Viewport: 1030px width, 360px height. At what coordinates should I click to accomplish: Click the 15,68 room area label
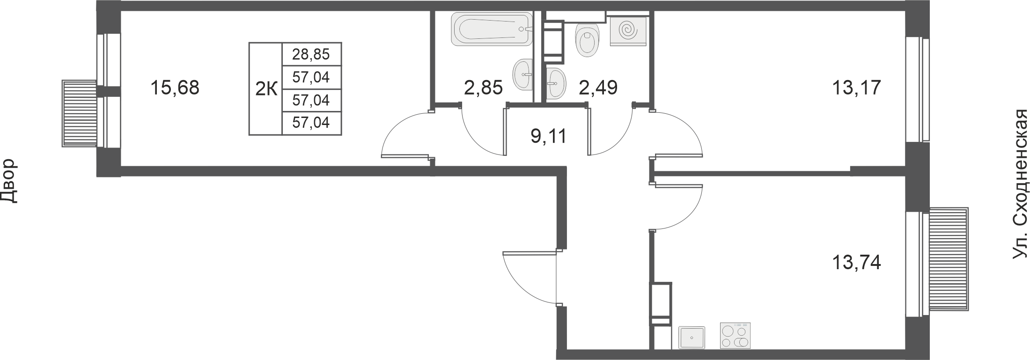(x=175, y=88)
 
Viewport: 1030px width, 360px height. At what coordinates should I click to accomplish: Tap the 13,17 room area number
(x=856, y=101)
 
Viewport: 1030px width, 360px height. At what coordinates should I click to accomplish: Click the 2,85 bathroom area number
(x=483, y=101)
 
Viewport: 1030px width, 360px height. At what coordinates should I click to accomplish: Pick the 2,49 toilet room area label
(x=598, y=101)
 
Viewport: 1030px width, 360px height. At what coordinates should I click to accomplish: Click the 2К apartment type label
(x=266, y=89)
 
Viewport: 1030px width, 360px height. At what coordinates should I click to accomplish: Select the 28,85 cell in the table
(x=311, y=54)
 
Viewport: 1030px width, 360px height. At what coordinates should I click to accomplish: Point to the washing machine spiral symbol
(x=628, y=30)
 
